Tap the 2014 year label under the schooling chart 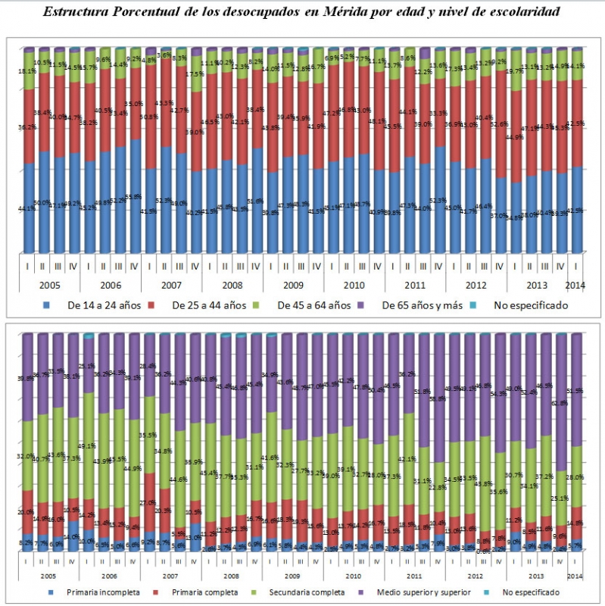coord(575,576)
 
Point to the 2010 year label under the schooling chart coord(354,576)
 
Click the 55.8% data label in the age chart coord(133,196)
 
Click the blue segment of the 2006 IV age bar coord(135,205)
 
